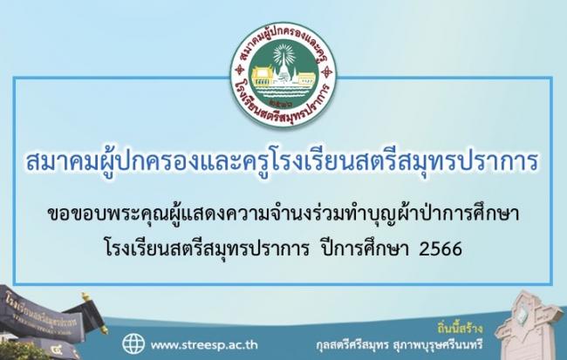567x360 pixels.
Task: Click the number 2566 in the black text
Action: (x=441, y=249)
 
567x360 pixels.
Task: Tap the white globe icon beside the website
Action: (x=133, y=343)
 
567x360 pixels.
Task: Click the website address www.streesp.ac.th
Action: (x=204, y=345)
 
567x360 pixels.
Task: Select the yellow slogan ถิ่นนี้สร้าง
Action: (x=460, y=329)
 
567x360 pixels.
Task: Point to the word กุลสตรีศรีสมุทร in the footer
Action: (x=352, y=344)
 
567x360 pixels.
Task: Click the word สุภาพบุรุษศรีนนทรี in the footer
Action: (x=438, y=344)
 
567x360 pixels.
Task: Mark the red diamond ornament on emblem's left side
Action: (x=239, y=70)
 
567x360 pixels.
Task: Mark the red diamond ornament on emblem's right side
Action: (x=328, y=71)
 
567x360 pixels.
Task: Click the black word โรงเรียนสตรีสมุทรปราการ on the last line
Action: (x=207, y=249)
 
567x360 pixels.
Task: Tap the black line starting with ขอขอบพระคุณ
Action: (x=283, y=214)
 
